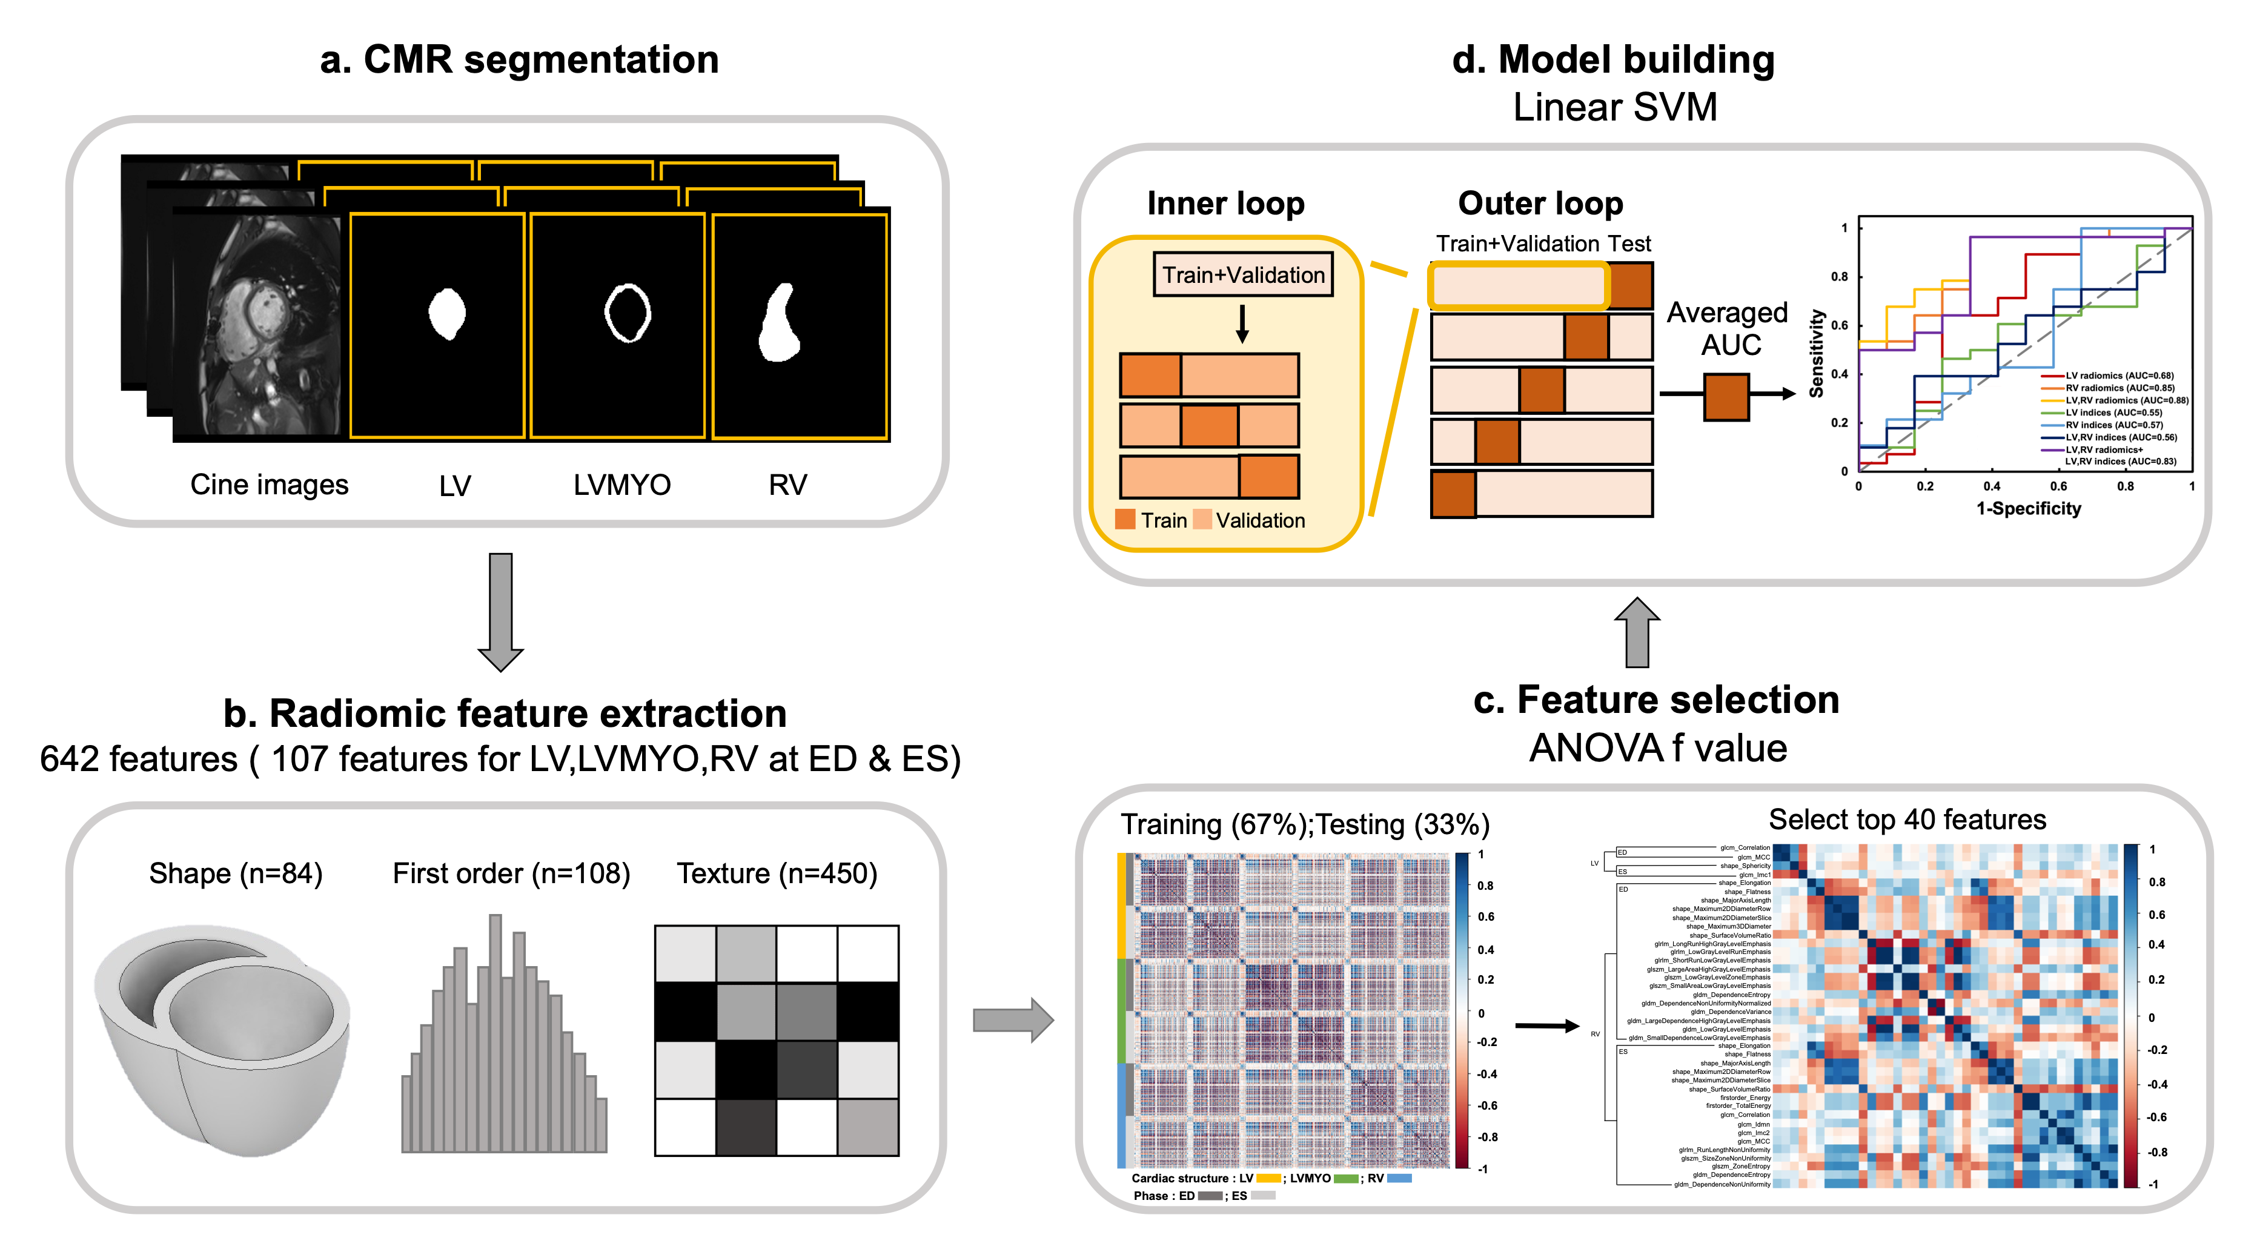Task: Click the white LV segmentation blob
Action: pos(447,314)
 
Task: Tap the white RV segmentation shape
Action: pos(779,324)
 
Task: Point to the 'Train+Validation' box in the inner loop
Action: pos(1242,275)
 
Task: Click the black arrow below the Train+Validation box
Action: pos(1242,324)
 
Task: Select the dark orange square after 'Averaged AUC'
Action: pos(1726,397)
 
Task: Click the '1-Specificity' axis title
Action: pos(2027,509)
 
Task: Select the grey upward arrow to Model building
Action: pos(1637,632)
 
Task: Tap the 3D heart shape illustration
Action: pos(224,1038)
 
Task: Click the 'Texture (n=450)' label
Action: pos(777,873)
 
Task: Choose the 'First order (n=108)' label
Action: pos(511,873)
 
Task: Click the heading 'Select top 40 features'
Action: pos(1906,820)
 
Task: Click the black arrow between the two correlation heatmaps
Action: pos(1546,1025)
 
